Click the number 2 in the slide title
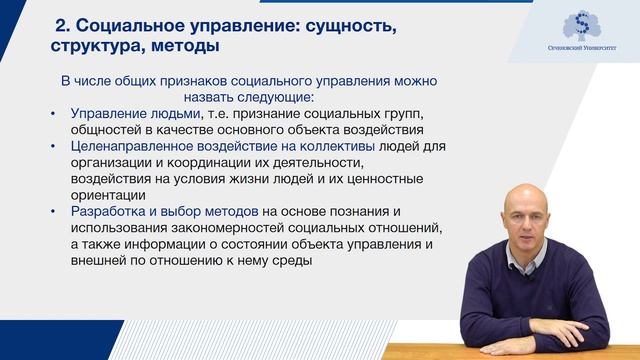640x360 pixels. [61, 24]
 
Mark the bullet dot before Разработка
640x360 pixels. [53, 211]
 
